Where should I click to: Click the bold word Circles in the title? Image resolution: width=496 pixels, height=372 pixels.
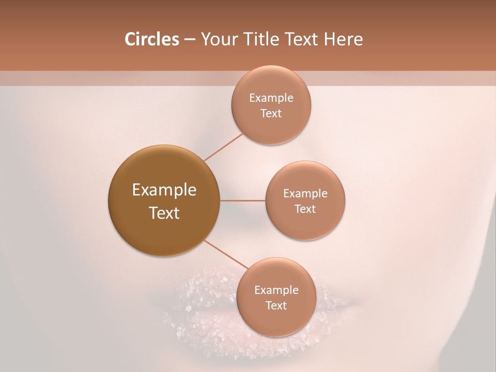(x=152, y=39)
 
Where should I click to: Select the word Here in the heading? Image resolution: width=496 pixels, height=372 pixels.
(x=344, y=39)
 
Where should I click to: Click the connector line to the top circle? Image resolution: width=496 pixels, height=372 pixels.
(x=223, y=147)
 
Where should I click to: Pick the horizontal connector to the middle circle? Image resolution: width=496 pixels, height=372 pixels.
(x=242, y=200)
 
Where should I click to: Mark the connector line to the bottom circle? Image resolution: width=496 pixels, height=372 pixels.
(x=225, y=255)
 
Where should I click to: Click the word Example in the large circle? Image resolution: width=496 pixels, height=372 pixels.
(x=164, y=190)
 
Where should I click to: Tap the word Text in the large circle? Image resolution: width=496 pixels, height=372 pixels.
(x=164, y=213)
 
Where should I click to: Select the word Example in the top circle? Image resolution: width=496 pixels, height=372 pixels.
(x=271, y=98)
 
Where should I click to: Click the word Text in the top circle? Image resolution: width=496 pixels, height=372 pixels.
(x=271, y=113)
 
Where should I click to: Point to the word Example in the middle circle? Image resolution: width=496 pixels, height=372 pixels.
(x=305, y=194)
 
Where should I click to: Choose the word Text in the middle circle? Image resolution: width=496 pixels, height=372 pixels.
(x=305, y=209)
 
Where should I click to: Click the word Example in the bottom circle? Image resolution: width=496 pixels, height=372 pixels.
(x=276, y=290)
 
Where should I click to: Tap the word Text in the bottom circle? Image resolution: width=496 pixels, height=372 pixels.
(x=276, y=305)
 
